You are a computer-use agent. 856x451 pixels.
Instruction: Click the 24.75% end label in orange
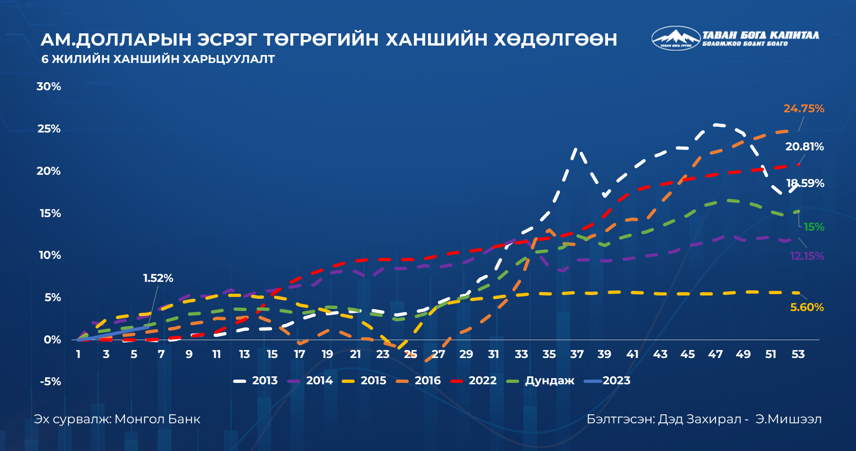point(803,109)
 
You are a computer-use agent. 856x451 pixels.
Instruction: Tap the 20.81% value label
point(804,147)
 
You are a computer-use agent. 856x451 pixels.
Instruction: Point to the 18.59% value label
point(805,183)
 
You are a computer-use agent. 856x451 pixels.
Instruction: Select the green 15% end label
point(814,227)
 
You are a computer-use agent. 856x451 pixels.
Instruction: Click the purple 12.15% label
point(807,256)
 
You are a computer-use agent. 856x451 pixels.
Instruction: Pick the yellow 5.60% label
point(807,307)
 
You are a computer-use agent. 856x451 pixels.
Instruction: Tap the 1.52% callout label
point(158,278)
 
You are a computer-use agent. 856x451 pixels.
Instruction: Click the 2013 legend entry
point(256,381)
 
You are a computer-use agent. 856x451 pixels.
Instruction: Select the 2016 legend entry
point(418,381)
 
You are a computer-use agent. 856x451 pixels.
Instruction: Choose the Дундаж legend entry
point(540,381)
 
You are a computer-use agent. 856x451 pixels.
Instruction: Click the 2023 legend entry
point(607,381)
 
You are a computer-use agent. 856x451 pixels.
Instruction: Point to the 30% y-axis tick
point(49,86)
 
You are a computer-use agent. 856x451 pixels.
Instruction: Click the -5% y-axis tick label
point(50,381)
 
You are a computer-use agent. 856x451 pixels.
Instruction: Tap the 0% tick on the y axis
point(52,340)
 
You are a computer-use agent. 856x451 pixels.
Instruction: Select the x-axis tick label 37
point(576,354)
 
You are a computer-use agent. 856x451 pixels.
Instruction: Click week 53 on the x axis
point(798,354)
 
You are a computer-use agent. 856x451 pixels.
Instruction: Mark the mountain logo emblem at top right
point(676,38)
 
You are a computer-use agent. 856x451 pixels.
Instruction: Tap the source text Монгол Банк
point(157,419)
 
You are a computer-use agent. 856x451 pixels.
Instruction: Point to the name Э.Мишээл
point(788,419)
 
